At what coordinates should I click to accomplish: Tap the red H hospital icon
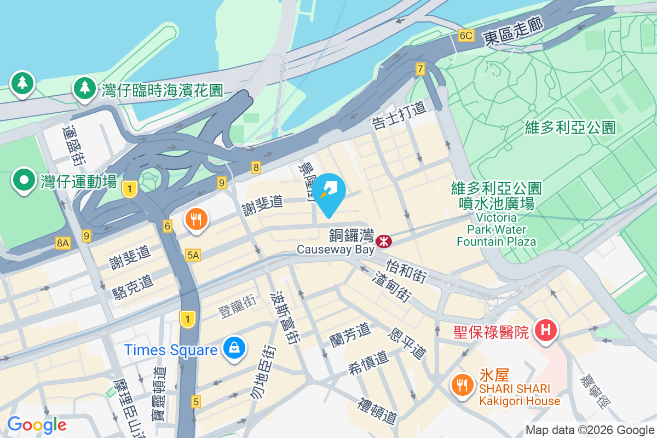click(x=546, y=330)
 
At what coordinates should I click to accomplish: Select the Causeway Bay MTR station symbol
click(x=384, y=240)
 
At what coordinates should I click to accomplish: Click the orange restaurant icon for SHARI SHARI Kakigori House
click(x=463, y=385)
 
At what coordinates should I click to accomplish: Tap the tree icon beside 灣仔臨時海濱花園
click(x=84, y=88)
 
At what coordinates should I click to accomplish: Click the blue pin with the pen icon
click(x=330, y=192)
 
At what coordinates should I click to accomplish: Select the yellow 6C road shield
click(x=465, y=36)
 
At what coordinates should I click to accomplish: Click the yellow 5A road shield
click(x=193, y=255)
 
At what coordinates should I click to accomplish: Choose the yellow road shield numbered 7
click(x=420, y=69)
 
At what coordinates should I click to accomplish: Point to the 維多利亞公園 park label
click(x=570, y=128)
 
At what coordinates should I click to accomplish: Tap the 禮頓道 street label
click(x=377, y=411)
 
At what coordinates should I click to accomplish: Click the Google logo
click(x=37, y=425)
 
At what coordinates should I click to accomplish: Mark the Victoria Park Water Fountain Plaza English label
click(x=497, y=229)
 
